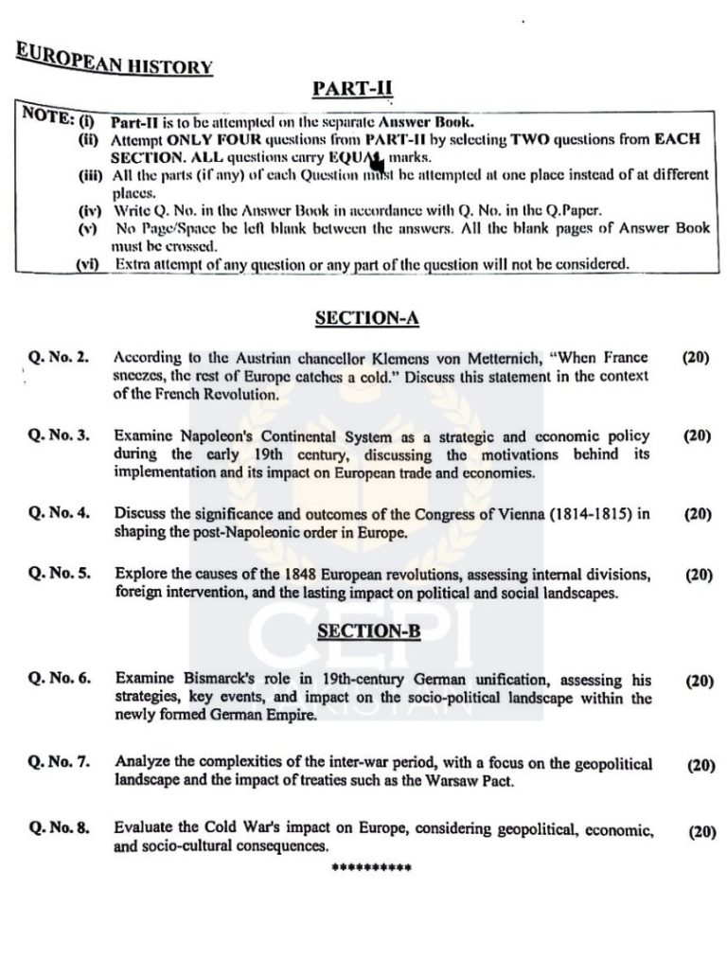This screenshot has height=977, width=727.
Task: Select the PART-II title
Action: (351, 89)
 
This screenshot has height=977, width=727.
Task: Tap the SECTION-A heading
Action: (365, 319)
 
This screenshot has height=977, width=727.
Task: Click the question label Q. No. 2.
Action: (59, 358)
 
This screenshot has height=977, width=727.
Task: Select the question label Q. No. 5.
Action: (59, 575)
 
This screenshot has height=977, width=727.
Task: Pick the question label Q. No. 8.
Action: (59, 828)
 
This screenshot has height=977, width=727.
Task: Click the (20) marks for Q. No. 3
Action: (696, 436)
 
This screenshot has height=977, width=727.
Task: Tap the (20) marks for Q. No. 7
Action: (700, 765)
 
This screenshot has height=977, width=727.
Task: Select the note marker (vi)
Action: (90, 264)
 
